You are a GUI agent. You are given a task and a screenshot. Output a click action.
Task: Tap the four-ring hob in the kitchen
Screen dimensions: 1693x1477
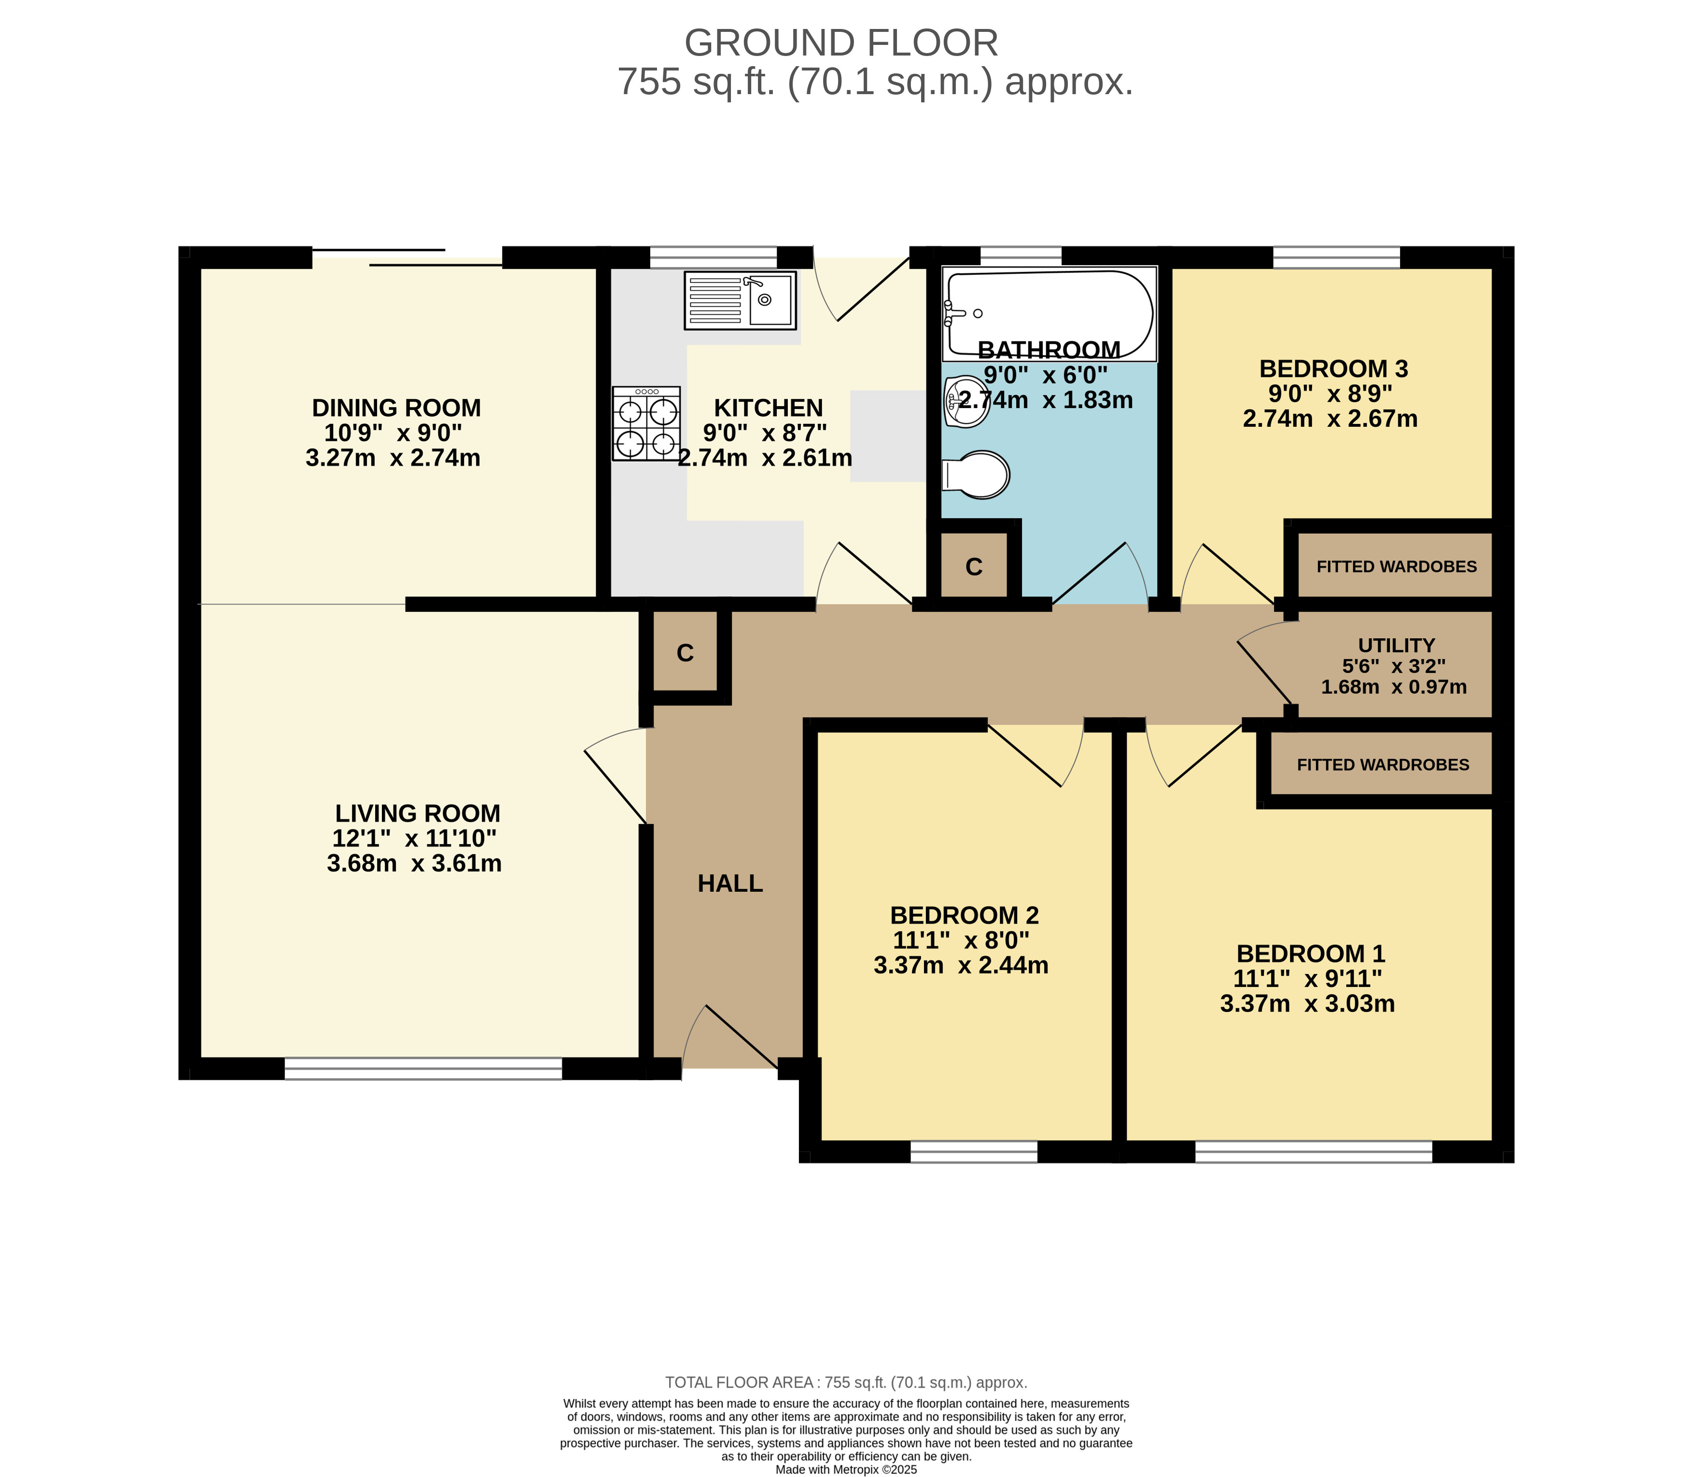pyautogui.click(x=646, y=423)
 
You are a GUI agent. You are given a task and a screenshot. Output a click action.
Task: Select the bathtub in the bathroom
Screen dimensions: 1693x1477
pyautogui.click(x=1049, y=313)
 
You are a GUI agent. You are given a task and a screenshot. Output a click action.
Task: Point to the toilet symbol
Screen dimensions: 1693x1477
pyautogui.click(x=976, y=474)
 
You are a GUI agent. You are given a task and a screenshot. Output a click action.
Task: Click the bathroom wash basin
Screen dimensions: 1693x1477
pyautogui.click(x=966, y=401)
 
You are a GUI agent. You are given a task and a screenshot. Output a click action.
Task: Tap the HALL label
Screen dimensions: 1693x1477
pyautogui.click(x=730, y=884)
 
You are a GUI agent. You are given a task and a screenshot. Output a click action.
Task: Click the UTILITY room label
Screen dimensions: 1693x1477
pyautogui.click(x=1397, y=646)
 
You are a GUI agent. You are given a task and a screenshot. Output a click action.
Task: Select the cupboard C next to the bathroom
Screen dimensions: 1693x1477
pyautogui.click(x=974, y=566)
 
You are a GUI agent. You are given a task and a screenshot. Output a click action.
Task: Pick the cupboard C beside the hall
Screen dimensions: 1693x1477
pyautogui.click(x=685, y=653)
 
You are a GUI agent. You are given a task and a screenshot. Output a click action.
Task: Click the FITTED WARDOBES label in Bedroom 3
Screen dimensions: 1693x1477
pyautogui.click(x=1397, y=566)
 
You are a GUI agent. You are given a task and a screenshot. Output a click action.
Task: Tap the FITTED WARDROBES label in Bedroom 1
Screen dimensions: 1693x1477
pyautogui.click(x=1383, y=765)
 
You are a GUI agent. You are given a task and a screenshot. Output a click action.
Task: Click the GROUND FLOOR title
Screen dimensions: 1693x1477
pyautogui.click(x=841, y=43)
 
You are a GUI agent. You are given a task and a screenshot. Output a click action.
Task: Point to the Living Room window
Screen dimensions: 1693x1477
pyautogui.click(x=423, y=1069)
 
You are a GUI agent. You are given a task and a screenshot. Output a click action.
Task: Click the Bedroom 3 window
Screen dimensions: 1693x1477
pyautogui.click(x=1336, y=257)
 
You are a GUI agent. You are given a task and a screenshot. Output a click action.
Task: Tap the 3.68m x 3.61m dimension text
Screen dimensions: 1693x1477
pyautogui.click(x=414, y=863)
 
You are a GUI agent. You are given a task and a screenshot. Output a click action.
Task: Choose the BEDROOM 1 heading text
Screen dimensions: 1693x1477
pyautogui.click(x=1311, y=954)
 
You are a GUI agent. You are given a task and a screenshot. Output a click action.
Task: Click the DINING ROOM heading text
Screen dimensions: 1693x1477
pyautogui.click(x=396, y=408)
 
